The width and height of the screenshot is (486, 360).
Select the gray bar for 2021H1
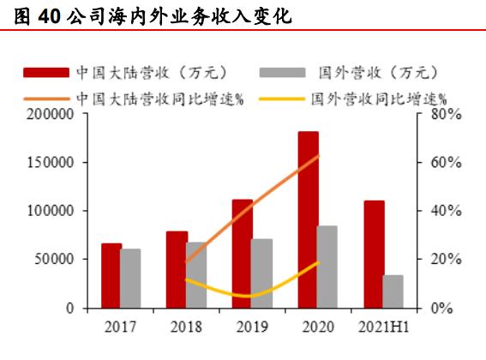(393, 291)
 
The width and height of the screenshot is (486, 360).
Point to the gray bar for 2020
(327, 267)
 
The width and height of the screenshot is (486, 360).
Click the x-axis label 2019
(252, 326)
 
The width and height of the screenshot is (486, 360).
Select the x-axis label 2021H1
(383, 326)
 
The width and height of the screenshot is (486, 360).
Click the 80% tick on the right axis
(447, 114)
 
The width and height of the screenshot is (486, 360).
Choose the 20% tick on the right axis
(447, 260)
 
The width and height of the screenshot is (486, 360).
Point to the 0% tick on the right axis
(444, 308)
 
